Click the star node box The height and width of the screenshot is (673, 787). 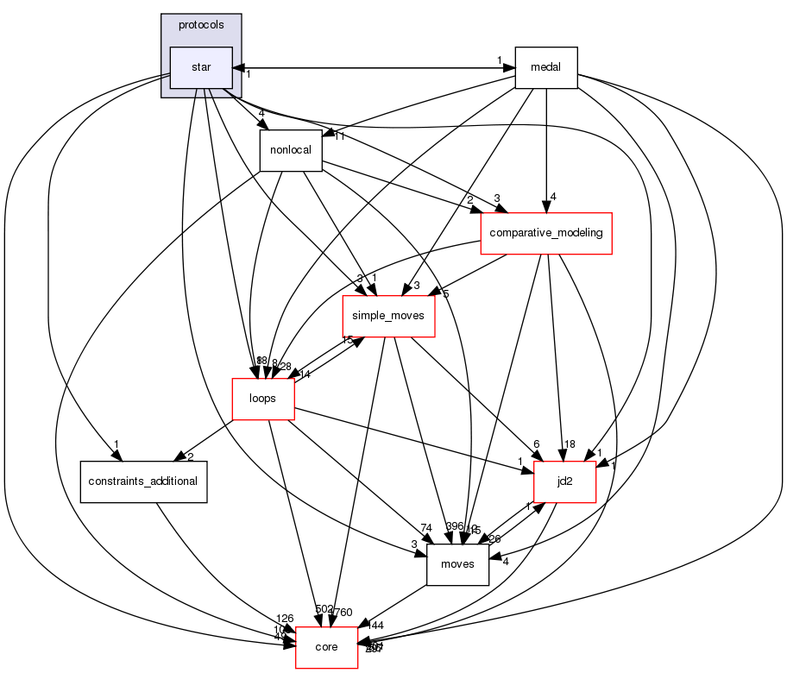coord(201,67)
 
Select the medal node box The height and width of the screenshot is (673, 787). coord(545,67)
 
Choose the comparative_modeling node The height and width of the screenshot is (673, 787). coord(545,233)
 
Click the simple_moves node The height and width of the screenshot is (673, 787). coord(388,317)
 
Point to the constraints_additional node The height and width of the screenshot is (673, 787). coord(144,481)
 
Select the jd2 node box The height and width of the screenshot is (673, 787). coord(565,481)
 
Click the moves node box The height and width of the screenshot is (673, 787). coord(457,564)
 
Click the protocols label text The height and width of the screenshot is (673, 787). coord(201,24)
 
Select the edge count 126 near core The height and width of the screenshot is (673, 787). coord(285,618)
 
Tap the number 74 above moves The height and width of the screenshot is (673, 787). coord(426,527)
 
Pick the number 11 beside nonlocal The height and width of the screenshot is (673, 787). coord(339,136)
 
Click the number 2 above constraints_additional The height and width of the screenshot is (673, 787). coord(189,456)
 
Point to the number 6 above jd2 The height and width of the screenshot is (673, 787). coord(536,443)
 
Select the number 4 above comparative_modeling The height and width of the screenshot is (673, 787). coord(552,196)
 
